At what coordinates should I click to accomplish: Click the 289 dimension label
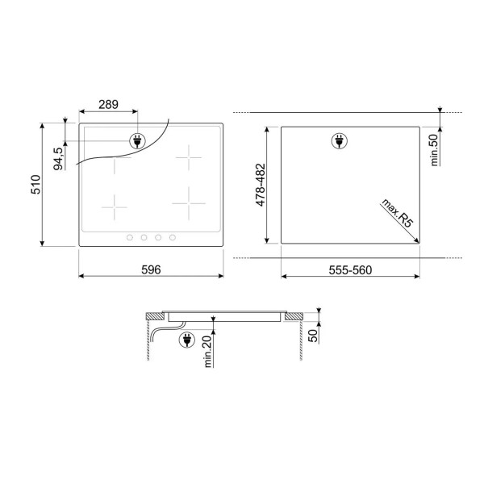pyautogui.click(x=108, y=105)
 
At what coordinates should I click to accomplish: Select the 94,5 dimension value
pyautogui.click(x=58, y=159)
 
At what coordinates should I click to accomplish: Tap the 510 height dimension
pyautogui.click(x=35, y=185)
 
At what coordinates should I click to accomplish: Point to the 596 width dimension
pyautogui.click(x=151, y=269)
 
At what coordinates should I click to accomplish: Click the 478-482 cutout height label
pyautogui.click(x=261, y=185)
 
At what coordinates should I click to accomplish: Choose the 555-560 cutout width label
pyautogui.click(x=350, y=270)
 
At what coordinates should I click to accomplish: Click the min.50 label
pyautogui.click(x=434, y=150)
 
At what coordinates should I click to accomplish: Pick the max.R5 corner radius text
pyautogui.click(x=397, y=213)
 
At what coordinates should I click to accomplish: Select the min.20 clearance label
pyautogui.click(x=208, y=351)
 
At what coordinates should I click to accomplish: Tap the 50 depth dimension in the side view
pyautogui.click(x=313, y=336)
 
